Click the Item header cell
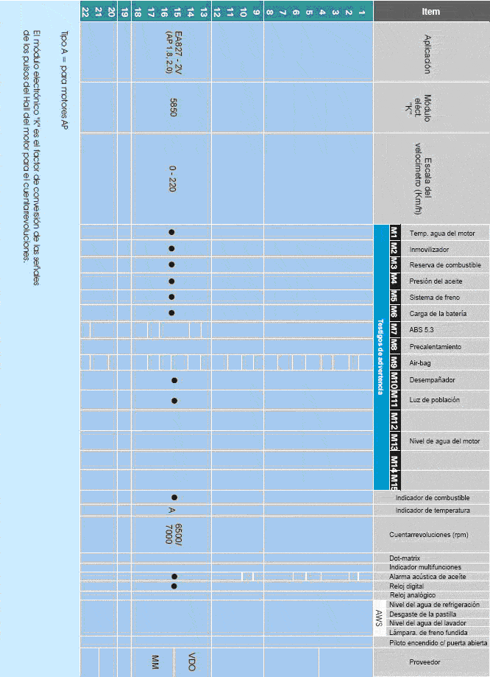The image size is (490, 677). [431, 11]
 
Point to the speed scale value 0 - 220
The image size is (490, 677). [172, 178]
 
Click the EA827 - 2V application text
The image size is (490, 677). [174, 51]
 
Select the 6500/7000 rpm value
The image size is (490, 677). [172, 534]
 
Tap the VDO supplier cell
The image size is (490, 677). [191, 662]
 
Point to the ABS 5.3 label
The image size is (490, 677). [422, 329]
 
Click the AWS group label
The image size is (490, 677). [379, 618]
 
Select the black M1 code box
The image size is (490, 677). [394, 233]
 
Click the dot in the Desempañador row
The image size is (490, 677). [174, 380]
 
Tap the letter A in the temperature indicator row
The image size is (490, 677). [171, 510]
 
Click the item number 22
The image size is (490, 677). [86, 11]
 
